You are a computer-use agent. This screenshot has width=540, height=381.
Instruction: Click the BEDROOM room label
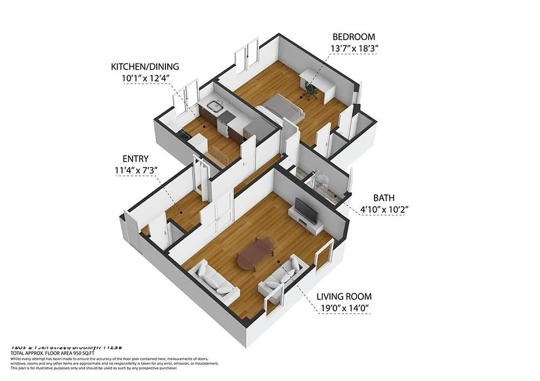pos(353,37)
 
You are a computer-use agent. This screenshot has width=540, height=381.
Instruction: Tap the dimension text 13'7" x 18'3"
pos(353,48)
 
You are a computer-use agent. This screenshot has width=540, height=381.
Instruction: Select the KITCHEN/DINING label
pos(145,67)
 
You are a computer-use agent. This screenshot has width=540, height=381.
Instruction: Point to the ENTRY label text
pos(135,159)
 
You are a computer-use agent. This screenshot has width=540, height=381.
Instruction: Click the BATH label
pos(384,198)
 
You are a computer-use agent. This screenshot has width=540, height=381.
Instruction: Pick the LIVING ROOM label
pos(344,297)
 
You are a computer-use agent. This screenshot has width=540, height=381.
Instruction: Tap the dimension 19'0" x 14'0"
pos(344,308)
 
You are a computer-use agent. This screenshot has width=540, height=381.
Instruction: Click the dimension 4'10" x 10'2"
pos(384,209)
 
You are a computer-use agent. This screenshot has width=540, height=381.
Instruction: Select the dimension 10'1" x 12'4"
pos(145,78)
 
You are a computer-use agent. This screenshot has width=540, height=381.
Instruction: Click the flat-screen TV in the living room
pos(306,210)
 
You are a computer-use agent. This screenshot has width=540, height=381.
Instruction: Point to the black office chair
pos(311,90)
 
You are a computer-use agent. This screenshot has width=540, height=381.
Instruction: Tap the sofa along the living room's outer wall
pos(214,282)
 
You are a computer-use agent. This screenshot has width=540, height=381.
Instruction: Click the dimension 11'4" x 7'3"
pos(135,170)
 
